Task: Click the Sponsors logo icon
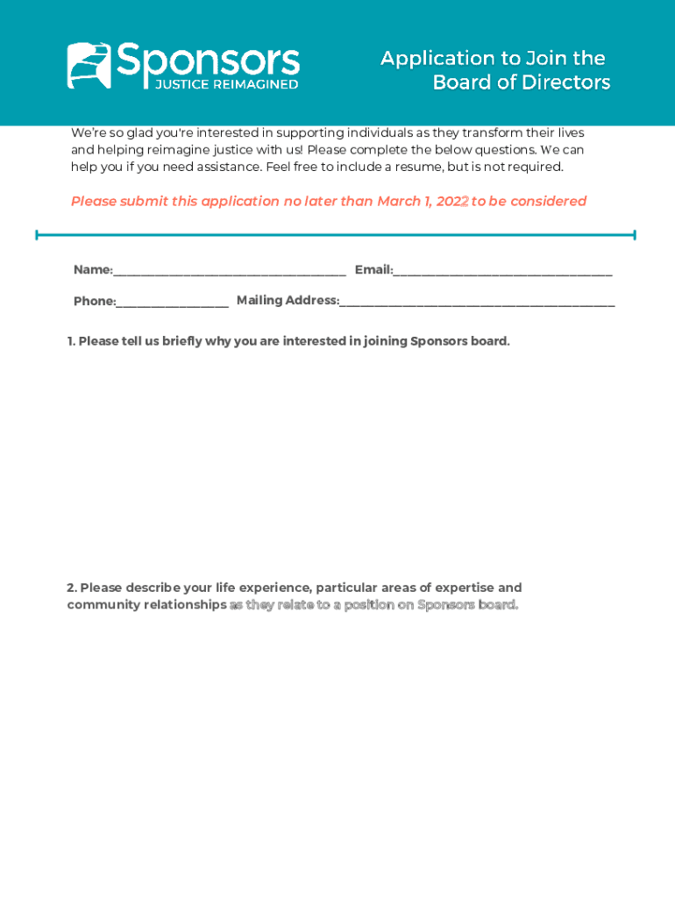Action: coord(89,65)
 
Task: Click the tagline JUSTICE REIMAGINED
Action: coord(227,84)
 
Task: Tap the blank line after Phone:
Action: coord(173,303)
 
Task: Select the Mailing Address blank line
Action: coord(477,302)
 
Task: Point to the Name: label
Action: coord(93,270)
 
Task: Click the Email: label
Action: coord(373,270)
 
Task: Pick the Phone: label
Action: coord(95,302)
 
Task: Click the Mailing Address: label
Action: coord(288,301)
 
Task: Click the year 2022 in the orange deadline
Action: coord(452,202)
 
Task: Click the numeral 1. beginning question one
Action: coord(71,341)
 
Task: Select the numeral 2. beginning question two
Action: coord(72,588)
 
